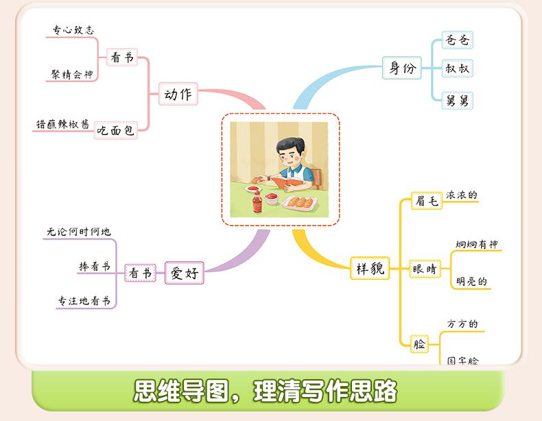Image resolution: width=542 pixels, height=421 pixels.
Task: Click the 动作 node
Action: [178, 95]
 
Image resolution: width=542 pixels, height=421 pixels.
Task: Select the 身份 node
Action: [403, 69]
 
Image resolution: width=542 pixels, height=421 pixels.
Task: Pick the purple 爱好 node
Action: [185, 273]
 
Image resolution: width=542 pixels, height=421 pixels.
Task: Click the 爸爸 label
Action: [458, 40]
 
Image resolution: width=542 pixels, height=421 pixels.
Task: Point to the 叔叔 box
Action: [458, 69]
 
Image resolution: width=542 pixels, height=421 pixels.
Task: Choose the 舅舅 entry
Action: [458, 101]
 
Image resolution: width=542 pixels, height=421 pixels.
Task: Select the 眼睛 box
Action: [424, 269]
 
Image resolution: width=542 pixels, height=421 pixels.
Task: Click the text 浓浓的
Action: [462, 195]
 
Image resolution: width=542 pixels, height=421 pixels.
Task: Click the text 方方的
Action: [462, 324]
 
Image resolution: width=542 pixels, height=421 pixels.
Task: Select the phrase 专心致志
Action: [73, 30]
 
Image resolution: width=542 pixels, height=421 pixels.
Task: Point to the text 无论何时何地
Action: [79, 232]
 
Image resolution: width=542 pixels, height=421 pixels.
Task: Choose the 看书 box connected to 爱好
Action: [140, 273]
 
